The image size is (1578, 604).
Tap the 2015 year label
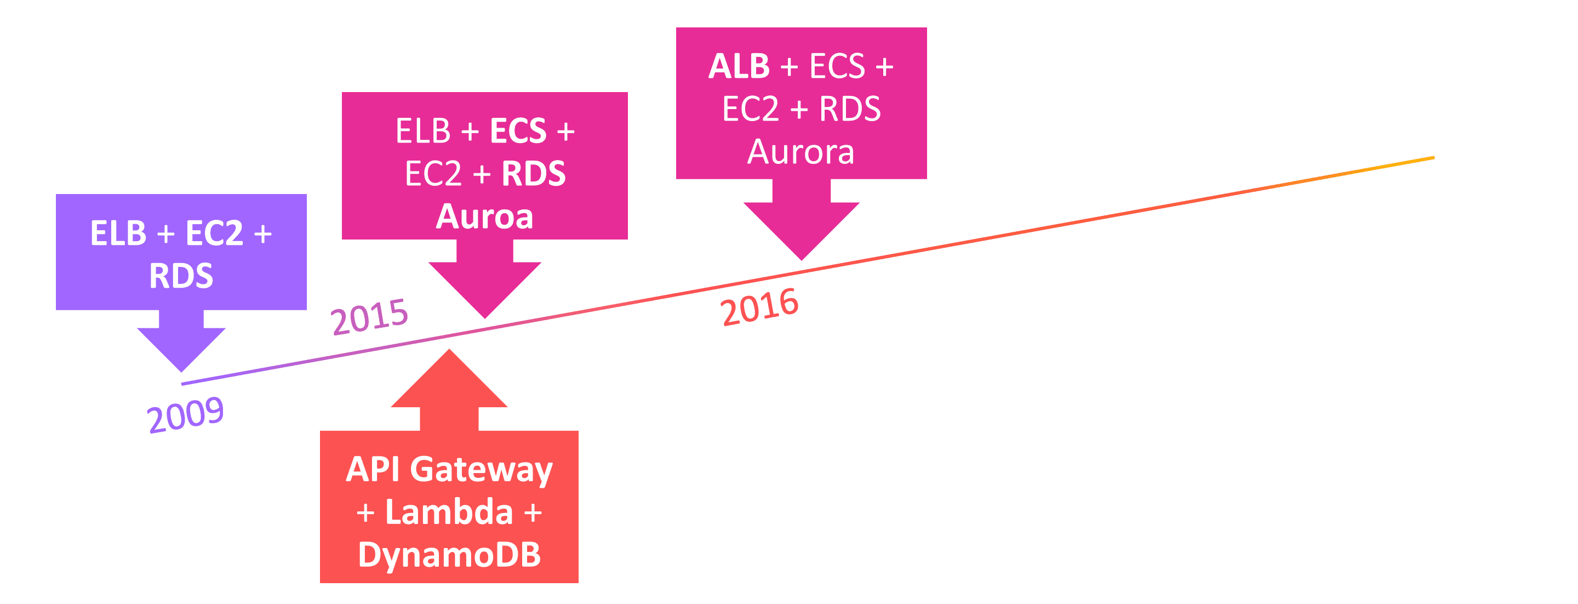[369, 316]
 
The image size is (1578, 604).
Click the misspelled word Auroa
[484, 216]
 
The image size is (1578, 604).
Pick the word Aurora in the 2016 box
[801, 151]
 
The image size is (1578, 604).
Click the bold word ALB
[739, 66]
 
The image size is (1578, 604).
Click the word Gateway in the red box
[481, 470]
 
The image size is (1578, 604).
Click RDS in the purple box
[181, 276]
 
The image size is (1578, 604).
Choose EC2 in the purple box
[214, 233]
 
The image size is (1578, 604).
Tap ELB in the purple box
[118, 233]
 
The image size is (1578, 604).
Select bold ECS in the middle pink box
[518, 131]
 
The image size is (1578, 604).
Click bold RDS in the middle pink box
[534, 173]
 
